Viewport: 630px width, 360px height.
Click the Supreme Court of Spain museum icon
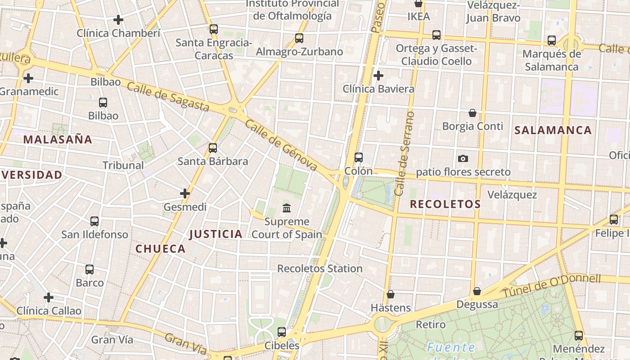(287, 208)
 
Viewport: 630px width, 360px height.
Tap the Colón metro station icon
(358, 157)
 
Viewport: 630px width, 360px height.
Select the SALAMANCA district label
(553, 130)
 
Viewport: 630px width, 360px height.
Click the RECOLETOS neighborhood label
(445, 204)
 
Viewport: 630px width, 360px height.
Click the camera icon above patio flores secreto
(463, 158)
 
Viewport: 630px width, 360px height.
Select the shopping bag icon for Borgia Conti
(472, 112)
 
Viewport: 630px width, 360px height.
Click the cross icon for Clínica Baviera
(378, 75)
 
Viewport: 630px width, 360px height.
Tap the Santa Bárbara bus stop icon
(213, 148)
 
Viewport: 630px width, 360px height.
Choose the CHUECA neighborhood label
(161, 249)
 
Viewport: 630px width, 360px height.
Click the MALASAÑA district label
(58, 139)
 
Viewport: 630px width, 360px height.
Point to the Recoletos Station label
(319, 269)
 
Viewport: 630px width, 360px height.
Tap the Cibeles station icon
(282, 332)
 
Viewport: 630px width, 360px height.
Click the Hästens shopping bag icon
(390, 294)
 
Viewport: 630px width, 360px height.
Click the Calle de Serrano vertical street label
(404, 154)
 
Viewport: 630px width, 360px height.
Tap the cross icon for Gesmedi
(184, 193)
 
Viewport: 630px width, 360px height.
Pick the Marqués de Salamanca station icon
(552, 40)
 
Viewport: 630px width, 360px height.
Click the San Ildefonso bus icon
(94, 221)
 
